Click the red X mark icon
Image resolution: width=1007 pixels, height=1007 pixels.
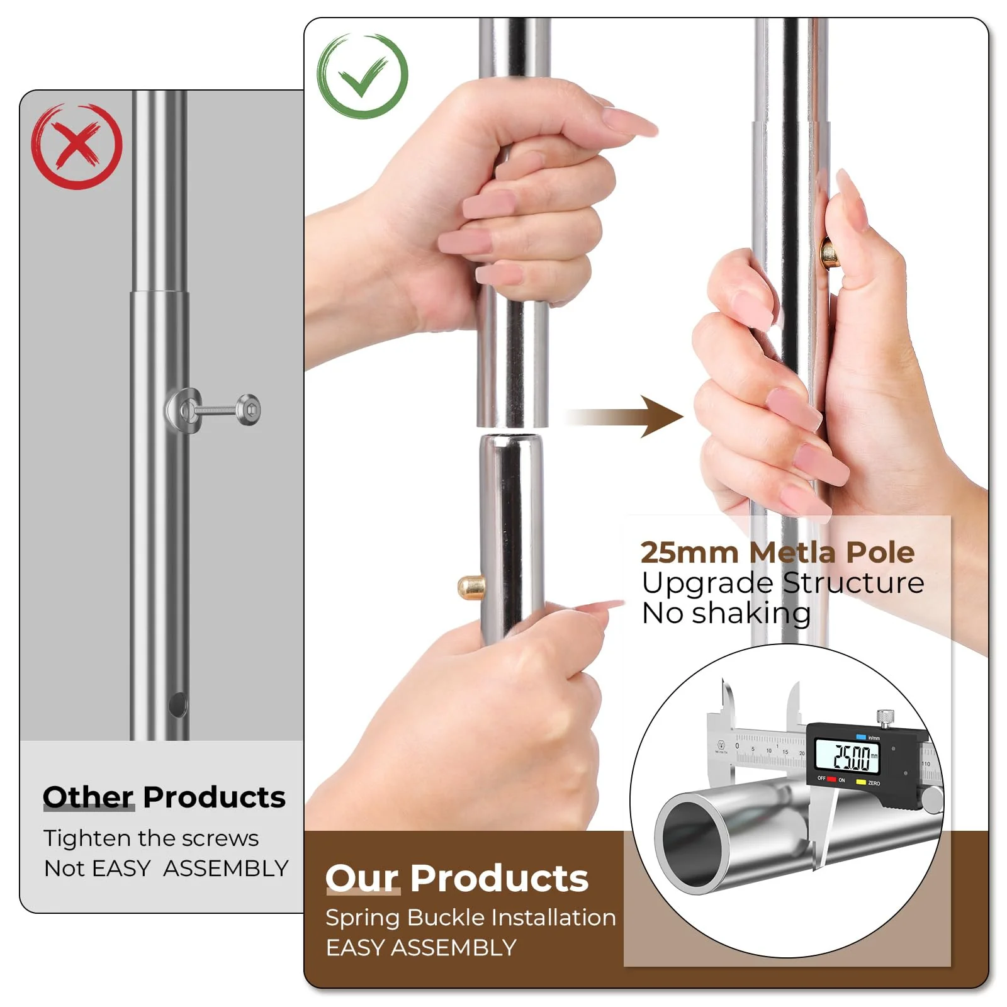pos(77,146)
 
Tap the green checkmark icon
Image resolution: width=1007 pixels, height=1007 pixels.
pos(363,76)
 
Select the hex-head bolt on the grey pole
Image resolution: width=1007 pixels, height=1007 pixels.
pos(249,410)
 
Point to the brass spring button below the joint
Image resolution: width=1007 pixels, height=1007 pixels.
pos(470,587)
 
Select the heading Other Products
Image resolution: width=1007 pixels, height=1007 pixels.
pos(164,797)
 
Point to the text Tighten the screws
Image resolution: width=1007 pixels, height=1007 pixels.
pos(151,838)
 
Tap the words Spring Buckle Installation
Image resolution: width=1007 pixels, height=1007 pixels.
pos(470,918)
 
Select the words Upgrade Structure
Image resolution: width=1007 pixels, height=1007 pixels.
pos(782,583)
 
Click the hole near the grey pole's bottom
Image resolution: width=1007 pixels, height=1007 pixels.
pos(178,705)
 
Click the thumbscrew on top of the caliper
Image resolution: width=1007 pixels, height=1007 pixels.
pos(886,717)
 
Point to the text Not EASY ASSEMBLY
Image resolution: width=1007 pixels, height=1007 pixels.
pos(166,869)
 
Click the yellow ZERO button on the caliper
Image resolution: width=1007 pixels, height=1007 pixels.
pos(861,782)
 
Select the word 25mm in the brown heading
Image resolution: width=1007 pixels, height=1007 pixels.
pos(689,553)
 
